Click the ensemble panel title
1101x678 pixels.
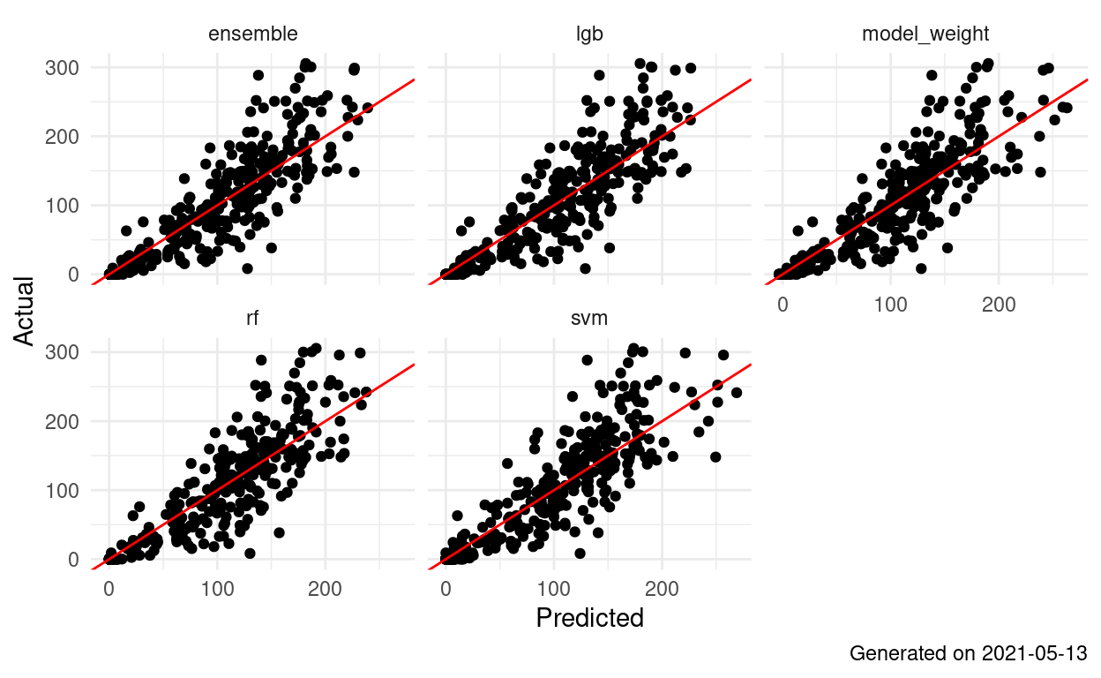click(x=252, y=34)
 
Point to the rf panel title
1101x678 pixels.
click(x=252, y=319)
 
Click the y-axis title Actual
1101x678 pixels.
click(x=25, y=312)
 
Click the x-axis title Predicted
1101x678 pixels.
click(x=589, y=618)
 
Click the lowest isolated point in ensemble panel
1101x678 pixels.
click(x=247, y=267)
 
